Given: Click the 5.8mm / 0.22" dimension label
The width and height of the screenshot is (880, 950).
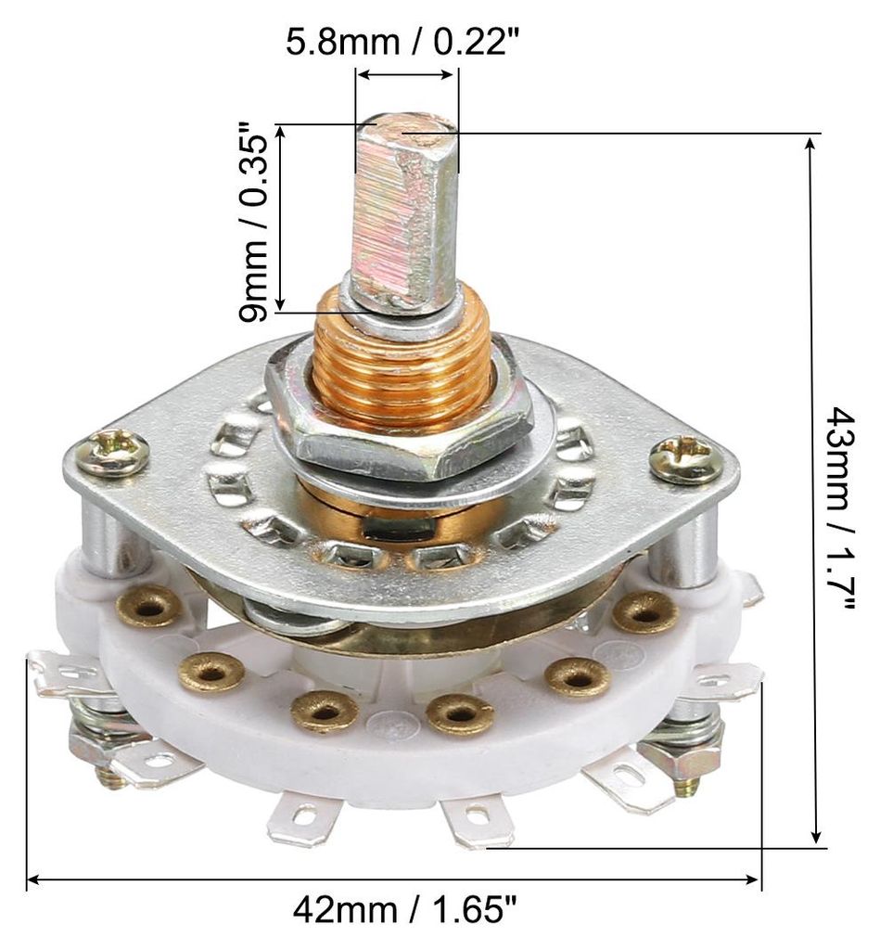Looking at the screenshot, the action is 402,43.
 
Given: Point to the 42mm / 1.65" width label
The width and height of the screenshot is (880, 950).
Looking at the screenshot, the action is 404,911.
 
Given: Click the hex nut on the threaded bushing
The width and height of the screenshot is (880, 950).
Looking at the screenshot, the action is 400,424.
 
